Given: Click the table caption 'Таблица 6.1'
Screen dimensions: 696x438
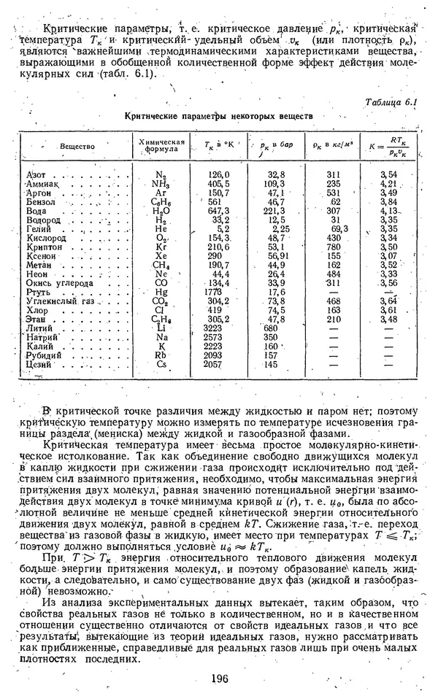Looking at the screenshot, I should pos(391,102).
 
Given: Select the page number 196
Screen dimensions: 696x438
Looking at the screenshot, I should pos(218,678).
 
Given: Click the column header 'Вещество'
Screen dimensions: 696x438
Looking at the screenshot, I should pos(78,146).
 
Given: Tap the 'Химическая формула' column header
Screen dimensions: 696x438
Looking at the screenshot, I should pos(161,145).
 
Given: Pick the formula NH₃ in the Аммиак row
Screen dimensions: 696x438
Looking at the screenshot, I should pos(161,185).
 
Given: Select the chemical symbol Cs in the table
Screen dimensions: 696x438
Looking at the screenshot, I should pos(162,364).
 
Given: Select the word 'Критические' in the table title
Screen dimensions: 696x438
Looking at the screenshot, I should pos(151,116).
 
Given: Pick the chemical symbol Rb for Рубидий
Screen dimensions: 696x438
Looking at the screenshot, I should pos(162,355).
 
